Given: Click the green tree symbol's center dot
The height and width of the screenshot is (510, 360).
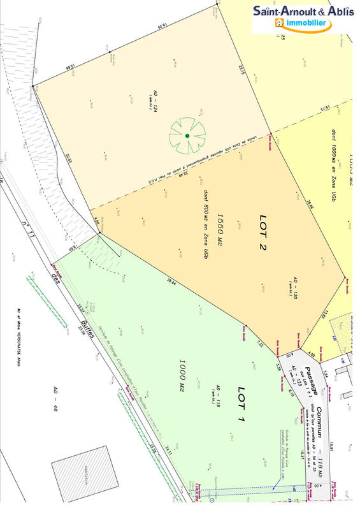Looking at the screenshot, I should pos(187,136).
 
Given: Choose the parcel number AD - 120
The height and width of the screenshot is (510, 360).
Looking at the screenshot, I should pos(295,289).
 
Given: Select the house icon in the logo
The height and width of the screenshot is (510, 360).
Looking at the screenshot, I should pos(278,23).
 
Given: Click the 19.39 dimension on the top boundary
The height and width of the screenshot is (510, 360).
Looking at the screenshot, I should pos(161,27).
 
